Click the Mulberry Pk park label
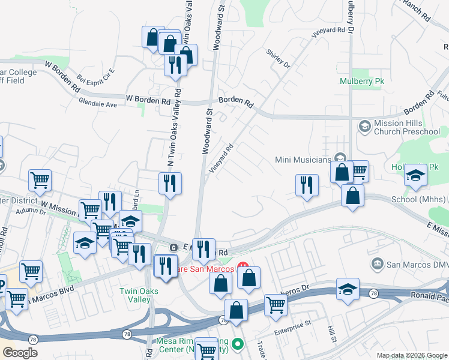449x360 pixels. pos(361,80)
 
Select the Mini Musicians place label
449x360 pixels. pos(303,160)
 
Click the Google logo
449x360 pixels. pos(20,352)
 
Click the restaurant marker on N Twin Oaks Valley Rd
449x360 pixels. pos(170,183)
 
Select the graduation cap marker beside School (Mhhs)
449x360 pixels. pos(415,175)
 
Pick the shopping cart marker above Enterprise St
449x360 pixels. pos(276,304)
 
